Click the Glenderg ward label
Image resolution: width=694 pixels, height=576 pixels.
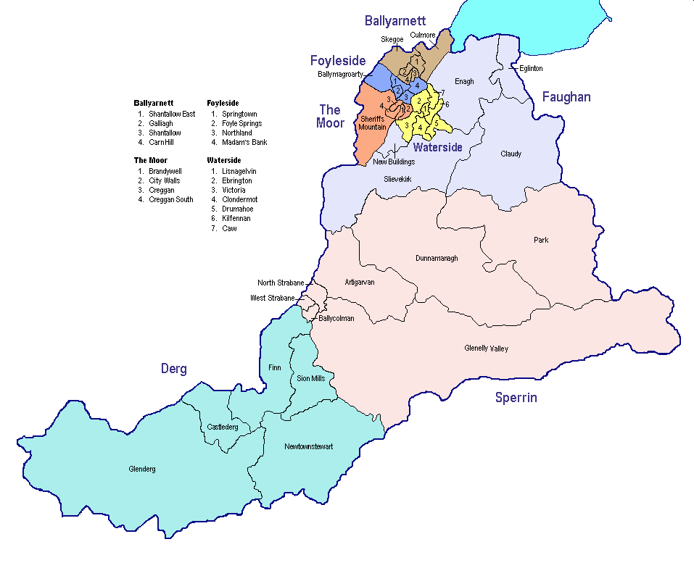[141, 469]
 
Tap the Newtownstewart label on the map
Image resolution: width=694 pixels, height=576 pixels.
[309, 446]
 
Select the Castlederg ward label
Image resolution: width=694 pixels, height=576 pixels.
[223, 427]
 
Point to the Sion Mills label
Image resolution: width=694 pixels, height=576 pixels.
[311, 378]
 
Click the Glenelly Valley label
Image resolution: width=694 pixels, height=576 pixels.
[486, 348]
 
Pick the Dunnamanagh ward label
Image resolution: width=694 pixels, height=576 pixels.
[437, 258]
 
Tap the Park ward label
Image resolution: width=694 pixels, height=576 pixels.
[541, 240]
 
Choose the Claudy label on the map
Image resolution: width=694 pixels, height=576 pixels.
[511, 154]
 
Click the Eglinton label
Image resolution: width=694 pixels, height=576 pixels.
[531, 68]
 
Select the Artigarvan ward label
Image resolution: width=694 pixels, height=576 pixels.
[360, 282]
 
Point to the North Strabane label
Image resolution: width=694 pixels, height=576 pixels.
[281, 283]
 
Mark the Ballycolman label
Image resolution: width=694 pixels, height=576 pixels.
[336, 318]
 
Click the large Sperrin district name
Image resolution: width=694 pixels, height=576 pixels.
[516, 397]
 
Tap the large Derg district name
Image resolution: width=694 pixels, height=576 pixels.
[173, 369]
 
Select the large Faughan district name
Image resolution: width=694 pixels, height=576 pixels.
[566, 97]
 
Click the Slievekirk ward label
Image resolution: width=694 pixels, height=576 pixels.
[397, 178]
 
